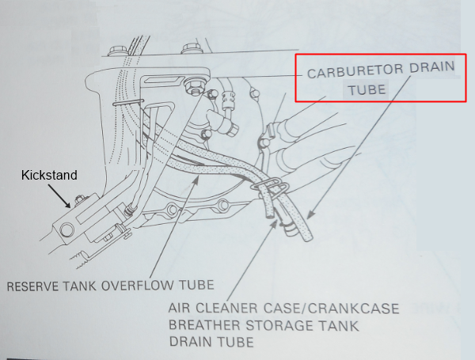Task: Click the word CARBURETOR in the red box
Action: click(x=355, y=71)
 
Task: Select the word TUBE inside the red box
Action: click(x=367, y=90)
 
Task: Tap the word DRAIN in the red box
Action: click(x=432, y=67)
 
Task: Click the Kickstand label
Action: click(x=49, y=175)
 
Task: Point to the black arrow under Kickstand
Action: click(x=59, y=196)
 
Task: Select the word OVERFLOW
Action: click(x=137, y=286)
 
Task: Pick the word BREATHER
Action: click(x=204, y=325)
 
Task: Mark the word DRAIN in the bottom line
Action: click(x=188, y=342)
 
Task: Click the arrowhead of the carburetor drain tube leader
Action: click(x=310, y=215)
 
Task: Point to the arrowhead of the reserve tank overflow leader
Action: click(x=196, y=180)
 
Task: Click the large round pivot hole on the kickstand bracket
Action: click(x=67, y=230)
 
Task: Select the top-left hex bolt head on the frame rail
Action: click(x=116, y=51)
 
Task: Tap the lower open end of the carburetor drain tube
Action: click(x=307, y=237)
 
